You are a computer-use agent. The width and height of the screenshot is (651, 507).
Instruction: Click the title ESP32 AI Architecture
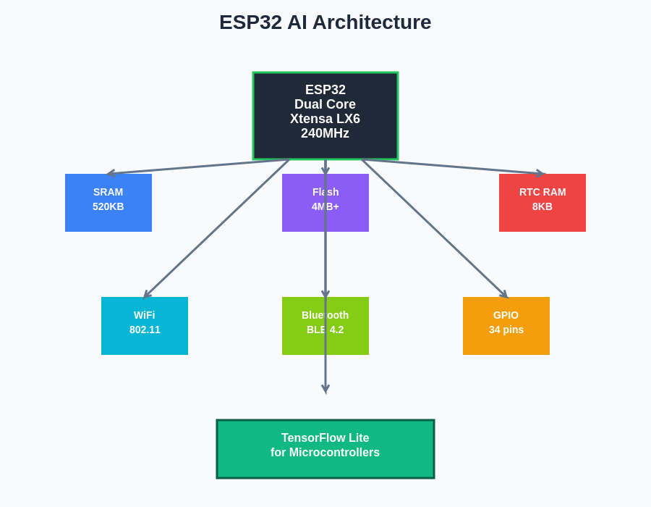click(325, 22)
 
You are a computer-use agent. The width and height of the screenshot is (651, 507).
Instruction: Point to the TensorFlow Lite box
click(325, 464)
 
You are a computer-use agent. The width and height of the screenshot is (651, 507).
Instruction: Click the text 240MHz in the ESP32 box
click(325, 134)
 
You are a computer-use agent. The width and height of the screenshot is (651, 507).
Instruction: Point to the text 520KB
click(108, 206)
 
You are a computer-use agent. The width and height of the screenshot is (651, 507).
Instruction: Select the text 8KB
click(542, 206)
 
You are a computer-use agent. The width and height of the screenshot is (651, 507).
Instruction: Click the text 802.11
click(145, 330)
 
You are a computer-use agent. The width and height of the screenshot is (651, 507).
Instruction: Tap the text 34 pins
click(506, 330)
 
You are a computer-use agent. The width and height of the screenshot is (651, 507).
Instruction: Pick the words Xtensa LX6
click(325, 120)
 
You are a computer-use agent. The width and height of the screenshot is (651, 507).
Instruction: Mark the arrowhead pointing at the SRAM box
click(110, 173)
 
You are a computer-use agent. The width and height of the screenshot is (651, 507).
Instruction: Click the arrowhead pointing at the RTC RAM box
click(541, 173)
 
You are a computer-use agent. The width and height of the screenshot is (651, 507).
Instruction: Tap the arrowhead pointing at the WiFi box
click(146, 295)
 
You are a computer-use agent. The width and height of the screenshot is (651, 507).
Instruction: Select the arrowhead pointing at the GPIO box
click(504, 295)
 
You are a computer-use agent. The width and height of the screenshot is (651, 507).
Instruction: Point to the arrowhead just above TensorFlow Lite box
click(325, 390)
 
